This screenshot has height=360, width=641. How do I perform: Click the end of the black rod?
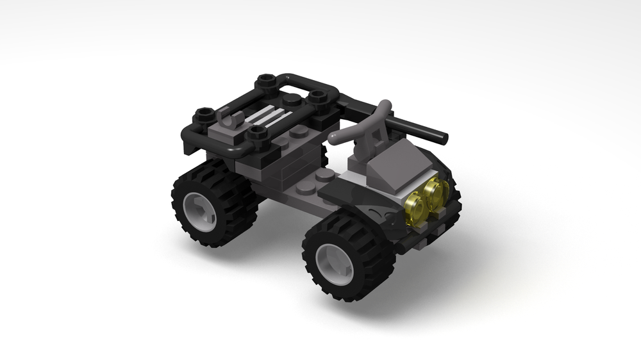coord(442,137)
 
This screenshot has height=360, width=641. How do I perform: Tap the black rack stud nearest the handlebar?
coord(316,97)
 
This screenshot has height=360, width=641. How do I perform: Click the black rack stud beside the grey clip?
coord(258,133)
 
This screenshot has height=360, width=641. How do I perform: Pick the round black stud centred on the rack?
coord(291,99)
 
